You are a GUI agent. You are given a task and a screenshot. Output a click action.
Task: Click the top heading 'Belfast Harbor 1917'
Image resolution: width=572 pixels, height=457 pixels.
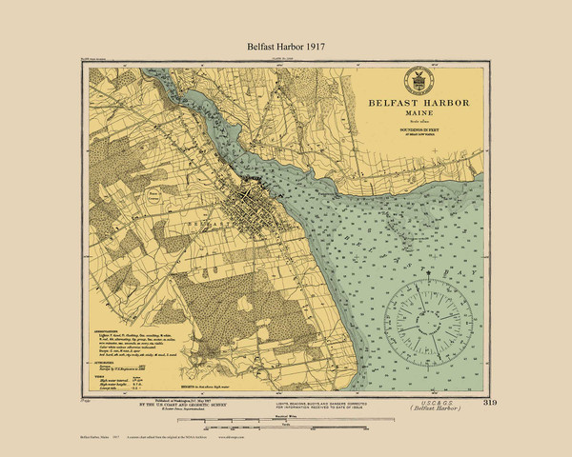pos(285,45)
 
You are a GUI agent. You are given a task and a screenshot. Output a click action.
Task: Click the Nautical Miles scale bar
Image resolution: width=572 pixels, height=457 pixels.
pos(286,392)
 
